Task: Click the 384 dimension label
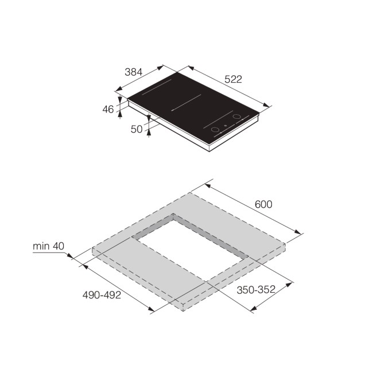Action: (x=133, y=72)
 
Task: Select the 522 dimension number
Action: (x=232, y=79)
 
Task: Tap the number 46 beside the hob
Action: (x=108, y=110)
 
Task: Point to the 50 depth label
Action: (x=137, y=129)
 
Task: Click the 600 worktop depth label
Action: (x=263, y=204)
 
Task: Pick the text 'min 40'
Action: (x=48, y=246)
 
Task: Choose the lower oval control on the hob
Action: (x=215, y=130)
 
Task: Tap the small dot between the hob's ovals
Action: (x=226, y=126)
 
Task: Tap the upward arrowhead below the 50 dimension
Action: (x=149, y=133)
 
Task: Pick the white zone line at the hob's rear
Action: (x=157, y=87)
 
